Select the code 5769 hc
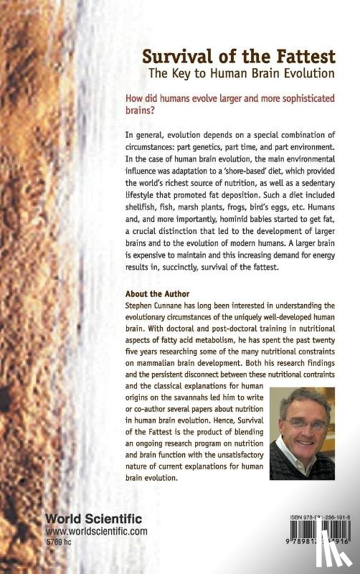[62, 542]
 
